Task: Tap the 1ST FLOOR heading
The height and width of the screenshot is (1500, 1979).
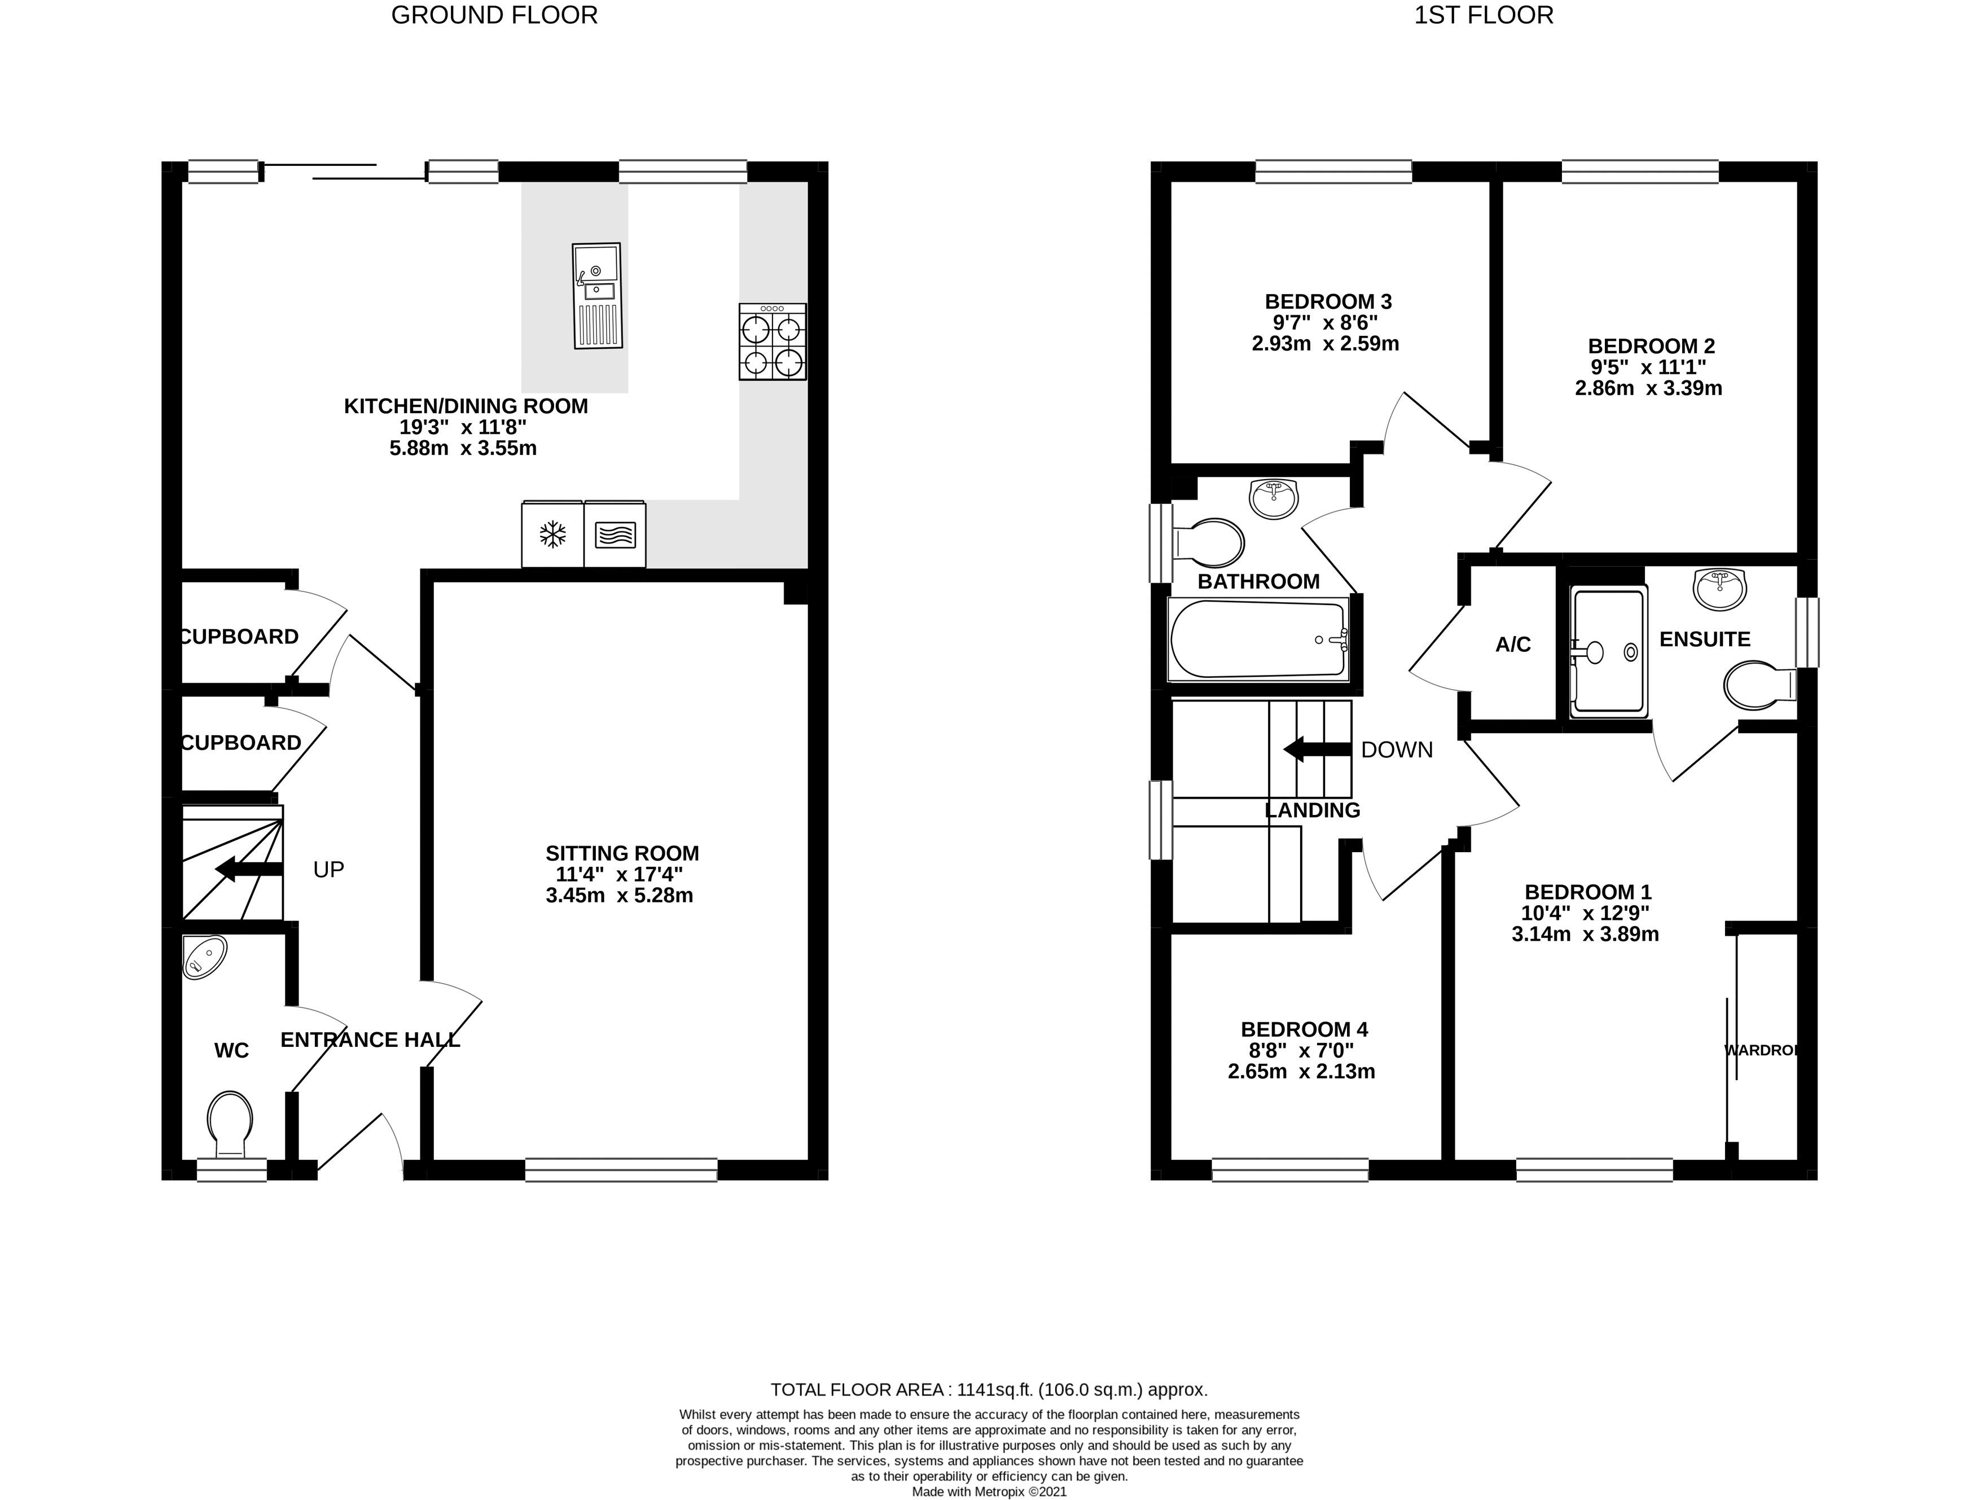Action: (1484, 15)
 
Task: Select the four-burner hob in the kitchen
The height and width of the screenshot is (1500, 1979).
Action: (772, 341)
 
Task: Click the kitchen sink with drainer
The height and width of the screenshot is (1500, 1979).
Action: (596, 296)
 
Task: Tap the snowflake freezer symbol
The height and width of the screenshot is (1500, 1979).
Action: (552, 535)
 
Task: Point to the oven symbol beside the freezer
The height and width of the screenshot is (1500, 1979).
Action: (615, 535)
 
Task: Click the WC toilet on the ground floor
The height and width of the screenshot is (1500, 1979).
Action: (230, 1124)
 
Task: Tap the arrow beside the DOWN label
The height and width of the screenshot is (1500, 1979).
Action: (1316, 749)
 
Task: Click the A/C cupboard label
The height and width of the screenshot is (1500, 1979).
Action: (1513, 644)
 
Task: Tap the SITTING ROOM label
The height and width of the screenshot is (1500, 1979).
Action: (622, 853)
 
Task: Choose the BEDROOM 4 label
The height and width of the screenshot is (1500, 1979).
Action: (1304, 1029)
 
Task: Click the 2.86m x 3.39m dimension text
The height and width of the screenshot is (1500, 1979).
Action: (1648, 388)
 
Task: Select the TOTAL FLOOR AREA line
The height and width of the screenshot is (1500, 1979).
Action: (989, 1390)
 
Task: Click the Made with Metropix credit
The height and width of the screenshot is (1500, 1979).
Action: (989, 1492)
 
